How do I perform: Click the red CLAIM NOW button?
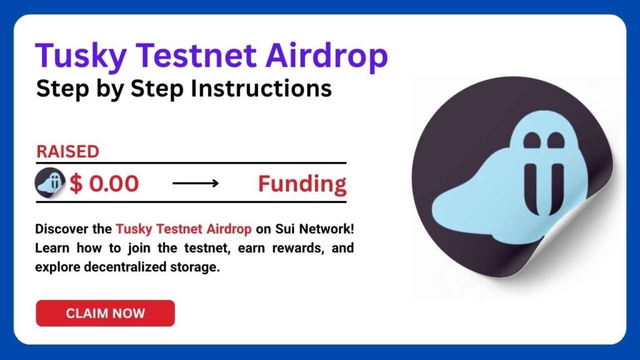click(105, 313)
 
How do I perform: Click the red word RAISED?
click(67, 152)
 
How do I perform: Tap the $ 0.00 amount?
click(104, 184)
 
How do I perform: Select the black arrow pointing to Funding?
click(195, 184)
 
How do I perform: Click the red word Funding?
click(302, 184)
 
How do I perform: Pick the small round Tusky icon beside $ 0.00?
click(51, 184)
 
